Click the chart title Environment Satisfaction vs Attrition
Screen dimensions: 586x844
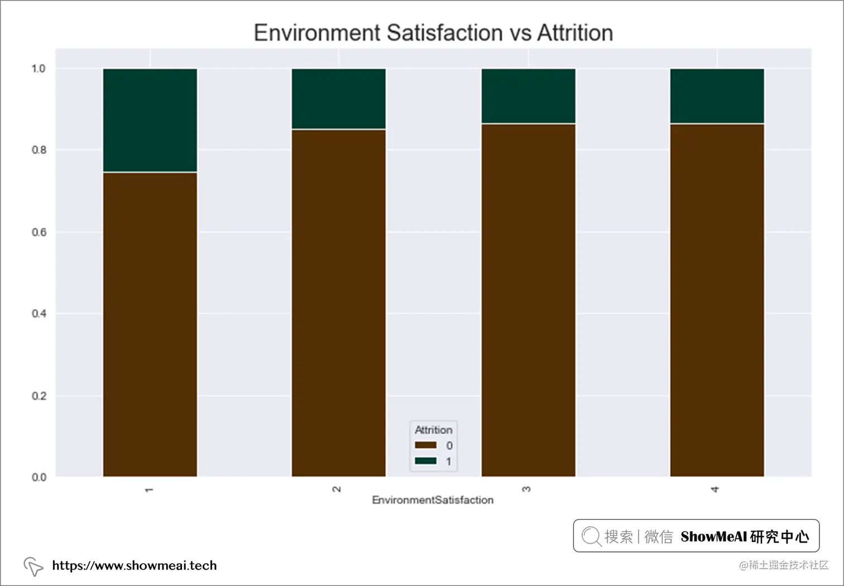tap(433, 33)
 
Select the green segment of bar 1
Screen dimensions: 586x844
tap(150, 120)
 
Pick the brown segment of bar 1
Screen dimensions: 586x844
tap(150, 324)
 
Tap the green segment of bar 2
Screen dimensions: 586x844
tap(338, 99)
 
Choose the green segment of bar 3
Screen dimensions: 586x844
tap(528, 96)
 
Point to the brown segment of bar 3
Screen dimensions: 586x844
tap(528, 300)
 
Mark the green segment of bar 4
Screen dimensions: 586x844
tap(717, 96)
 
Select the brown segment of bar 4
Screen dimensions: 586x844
tap(717, 300)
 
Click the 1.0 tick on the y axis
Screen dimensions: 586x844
tap(39, 69)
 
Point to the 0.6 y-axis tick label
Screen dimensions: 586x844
tap(39, 232)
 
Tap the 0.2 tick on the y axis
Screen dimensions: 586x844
tap(39, 396)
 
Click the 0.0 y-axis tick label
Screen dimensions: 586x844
tap(39, 477)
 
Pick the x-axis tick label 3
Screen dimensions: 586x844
tap(526, 489)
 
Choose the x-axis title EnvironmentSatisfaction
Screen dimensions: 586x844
tap(433, 500)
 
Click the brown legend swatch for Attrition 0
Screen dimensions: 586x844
tap(425, 445)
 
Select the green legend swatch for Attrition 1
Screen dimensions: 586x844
tap(425, 461)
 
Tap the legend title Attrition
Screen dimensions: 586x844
tap(433, 430)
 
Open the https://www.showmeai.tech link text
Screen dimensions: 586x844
tap(134, 565)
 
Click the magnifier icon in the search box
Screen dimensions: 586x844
tap(591, 536)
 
